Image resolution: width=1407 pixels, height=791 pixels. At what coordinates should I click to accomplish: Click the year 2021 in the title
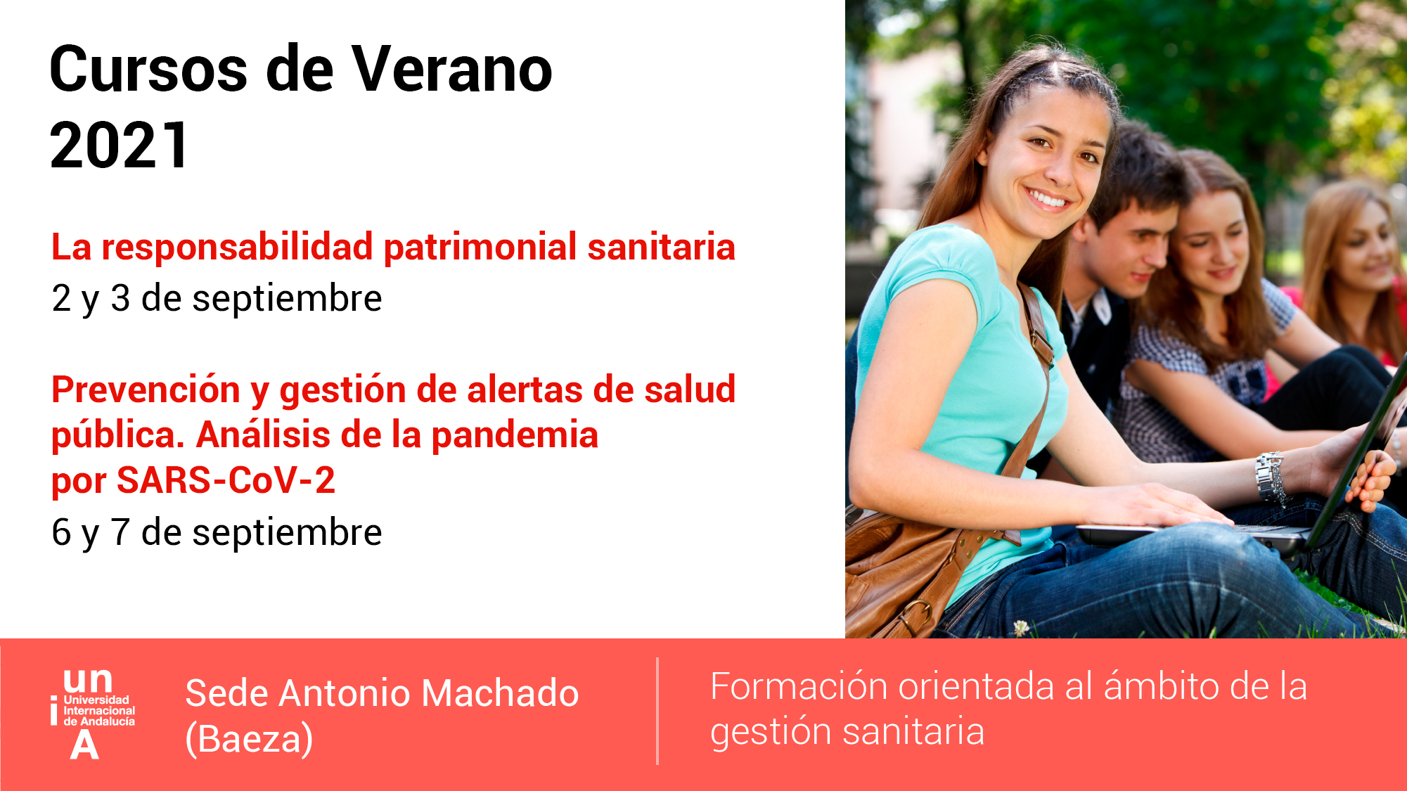[120, 146]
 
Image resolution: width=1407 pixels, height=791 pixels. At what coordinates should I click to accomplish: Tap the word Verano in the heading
[452, 70]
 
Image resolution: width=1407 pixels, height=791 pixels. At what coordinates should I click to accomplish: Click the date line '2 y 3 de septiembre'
[217, 298]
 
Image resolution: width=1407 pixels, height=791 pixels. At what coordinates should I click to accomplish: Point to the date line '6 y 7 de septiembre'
[217, 532]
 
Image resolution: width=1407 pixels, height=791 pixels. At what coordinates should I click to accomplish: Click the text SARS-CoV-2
[226, 480]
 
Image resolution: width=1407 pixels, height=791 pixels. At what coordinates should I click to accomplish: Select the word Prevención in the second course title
[146, 390]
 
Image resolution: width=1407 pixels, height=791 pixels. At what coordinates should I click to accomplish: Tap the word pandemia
[515, 435]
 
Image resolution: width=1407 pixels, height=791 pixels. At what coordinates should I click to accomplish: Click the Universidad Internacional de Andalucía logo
[93, 714]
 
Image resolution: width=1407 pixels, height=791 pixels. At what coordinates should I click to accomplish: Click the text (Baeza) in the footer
[249, 740]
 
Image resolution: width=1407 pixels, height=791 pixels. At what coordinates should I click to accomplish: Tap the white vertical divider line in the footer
[657, 711]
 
